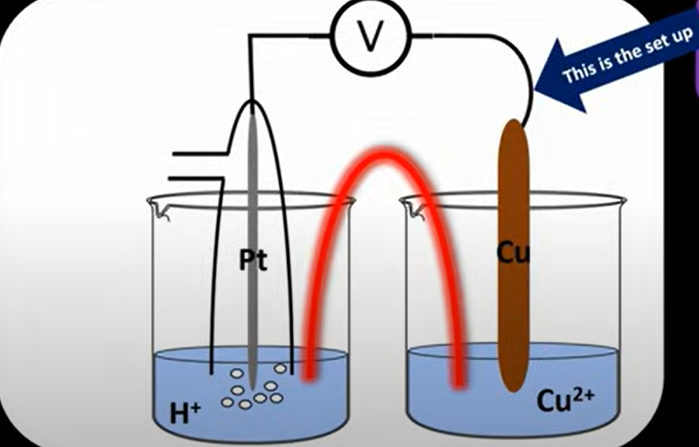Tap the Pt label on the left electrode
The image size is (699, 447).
click(253, 261)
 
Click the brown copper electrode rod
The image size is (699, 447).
click(513, 311)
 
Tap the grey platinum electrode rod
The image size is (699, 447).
click(254, 194)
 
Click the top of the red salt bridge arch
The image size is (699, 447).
click(381, 155)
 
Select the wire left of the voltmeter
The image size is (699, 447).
click(288, 35)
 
